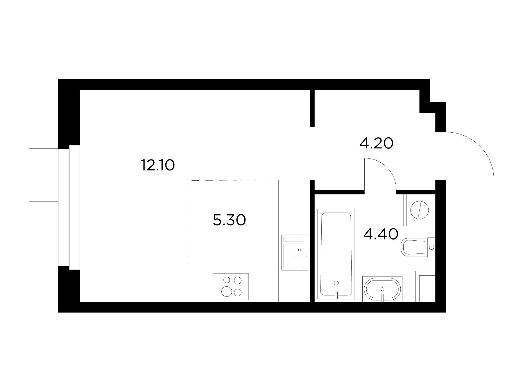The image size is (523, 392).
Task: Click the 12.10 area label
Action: coord(158,165)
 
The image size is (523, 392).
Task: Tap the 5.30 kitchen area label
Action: coord(230,220)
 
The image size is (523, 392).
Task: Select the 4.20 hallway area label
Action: coord(376,143)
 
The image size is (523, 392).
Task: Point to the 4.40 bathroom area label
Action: coord(381,234)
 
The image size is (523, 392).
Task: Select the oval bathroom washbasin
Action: coord(382,289)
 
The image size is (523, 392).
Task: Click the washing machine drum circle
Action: coord(419,210)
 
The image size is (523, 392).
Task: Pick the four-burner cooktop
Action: coord(231,286)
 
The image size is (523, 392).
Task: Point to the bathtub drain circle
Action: coord(336,283)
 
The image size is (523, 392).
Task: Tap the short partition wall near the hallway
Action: coord(312,108)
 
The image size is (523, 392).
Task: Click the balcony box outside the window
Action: coord(44,175)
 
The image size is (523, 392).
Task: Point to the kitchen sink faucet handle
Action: coord(300,256)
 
